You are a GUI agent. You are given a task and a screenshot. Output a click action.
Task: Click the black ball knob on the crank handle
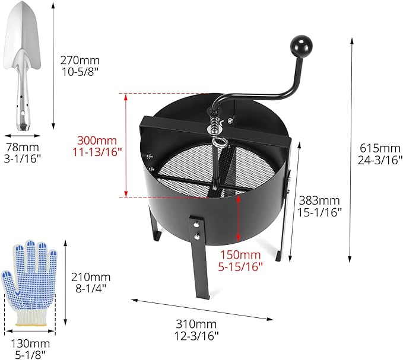tap(302, 46)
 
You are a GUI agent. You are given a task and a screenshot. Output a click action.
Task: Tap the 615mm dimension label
tap(380, 148)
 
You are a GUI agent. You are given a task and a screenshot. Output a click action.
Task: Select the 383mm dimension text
tap(319, 200)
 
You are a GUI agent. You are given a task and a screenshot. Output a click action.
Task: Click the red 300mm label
tap(97, 141)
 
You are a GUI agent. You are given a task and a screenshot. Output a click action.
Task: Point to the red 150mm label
tap(240, 254)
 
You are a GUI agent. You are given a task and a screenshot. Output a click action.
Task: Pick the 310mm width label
tap(196, 324)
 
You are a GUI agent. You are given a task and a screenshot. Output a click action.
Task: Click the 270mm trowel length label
tap(80, 60)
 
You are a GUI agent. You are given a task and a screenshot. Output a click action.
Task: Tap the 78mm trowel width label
tap(23, 147)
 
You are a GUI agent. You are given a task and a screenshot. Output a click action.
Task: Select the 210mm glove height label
tap(91, 277)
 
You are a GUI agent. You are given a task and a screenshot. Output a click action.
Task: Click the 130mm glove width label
tap(30, 343)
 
